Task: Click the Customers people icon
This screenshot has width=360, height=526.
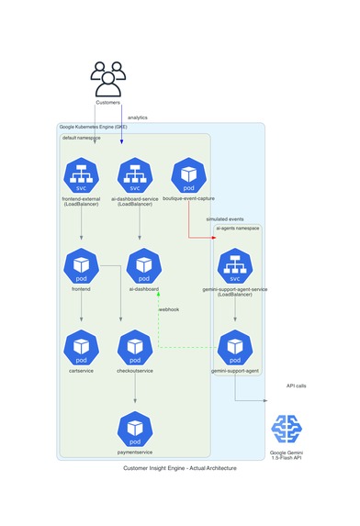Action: [x=107, y=78]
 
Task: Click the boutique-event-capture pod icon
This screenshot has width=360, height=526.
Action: [x=189, y=175]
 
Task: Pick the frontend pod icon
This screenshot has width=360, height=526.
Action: [x=82, y=265]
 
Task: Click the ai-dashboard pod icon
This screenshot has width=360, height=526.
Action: [x=144, y=265]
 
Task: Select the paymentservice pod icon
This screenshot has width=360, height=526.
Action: [x=135, y=429]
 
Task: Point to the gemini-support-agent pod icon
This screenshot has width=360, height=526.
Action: [x=235, y=347]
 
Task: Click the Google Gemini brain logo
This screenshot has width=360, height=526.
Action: [x=289, y=429]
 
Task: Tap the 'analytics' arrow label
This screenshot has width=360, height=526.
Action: [x=137, y=118]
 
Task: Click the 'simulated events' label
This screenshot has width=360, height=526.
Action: [x=225, y=219]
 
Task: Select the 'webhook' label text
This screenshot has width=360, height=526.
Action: [x=169, y=309]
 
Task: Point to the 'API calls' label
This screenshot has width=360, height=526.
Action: [x=297, y=386]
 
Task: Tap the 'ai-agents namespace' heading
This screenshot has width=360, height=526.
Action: [x=238, y=228]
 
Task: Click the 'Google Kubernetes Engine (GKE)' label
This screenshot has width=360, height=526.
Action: [x=94, y=127]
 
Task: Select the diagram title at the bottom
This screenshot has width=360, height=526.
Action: [x=179, y=468]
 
